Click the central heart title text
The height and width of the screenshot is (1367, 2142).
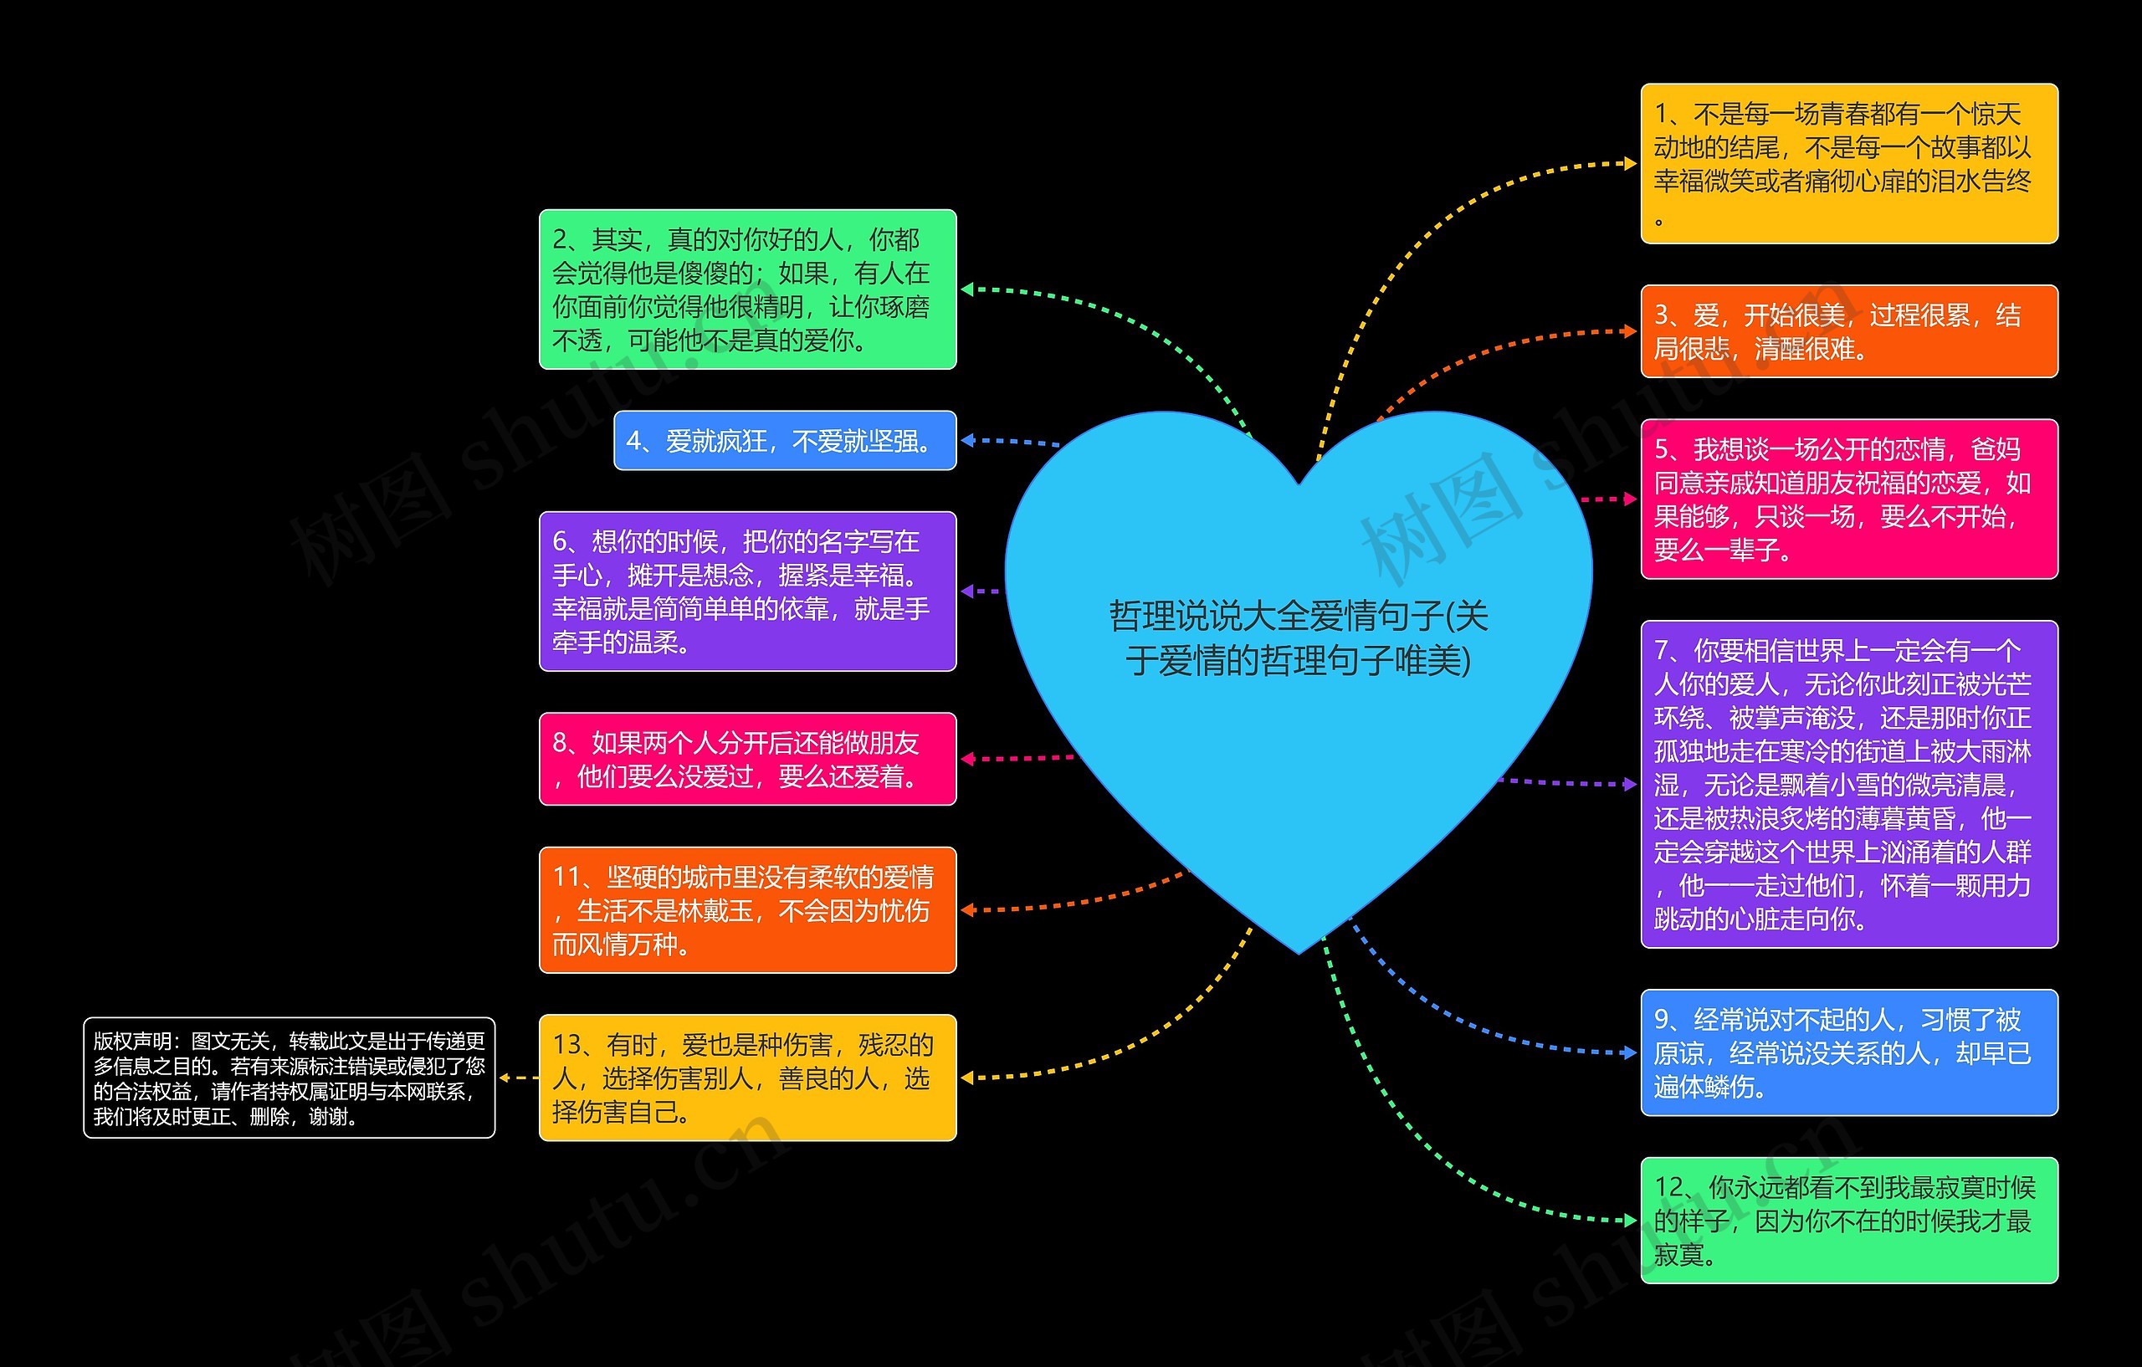click(x=1298, y=637)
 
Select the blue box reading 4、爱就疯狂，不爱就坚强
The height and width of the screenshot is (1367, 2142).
click(x=785, y=440)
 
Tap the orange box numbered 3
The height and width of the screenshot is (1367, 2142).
click(x=1848, y=330)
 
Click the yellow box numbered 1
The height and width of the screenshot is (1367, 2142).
click(x=1848, y=164)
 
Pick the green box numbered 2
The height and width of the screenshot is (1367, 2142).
click(x=747, y=289)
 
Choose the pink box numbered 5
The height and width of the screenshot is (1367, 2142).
click(x=1848, y=499)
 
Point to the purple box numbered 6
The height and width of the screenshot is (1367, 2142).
click(x=747, y=591)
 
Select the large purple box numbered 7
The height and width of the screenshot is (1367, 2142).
click(x=1848, y=785)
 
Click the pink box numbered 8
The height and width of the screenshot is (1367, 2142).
click(x=747, y=759)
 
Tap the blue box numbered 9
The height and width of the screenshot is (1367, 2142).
click(x=1848, y=1052)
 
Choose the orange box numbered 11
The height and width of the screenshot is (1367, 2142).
click(x=747, y=910)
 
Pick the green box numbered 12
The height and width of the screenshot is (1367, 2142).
click(x=1848, y=1221)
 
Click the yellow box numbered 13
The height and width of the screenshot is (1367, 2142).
click(x=747, y=1077)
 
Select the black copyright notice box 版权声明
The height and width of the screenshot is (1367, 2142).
click(x=290, y=1077)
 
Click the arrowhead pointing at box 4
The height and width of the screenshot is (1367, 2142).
click(x=968, y=440)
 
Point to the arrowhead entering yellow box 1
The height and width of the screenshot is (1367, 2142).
click(x=1631, y=164)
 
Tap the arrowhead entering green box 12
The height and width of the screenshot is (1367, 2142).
click(x=1631, y=1221)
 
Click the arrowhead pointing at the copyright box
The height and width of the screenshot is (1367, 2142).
click(x=505, y=1077)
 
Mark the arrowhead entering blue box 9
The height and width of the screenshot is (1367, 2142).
click(x=1631, y=1053)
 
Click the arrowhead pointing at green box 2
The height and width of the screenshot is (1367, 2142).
click(x=968, y=289)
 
